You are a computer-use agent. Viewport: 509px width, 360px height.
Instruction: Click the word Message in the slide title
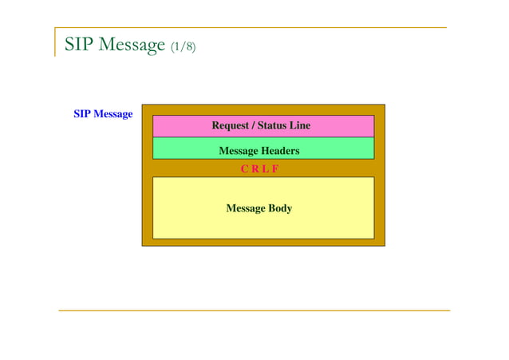128,44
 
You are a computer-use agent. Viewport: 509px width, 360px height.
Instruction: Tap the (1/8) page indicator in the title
183,46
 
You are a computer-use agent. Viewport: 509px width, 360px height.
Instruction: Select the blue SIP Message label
103,114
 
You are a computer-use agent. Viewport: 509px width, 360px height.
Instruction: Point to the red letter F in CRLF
274,169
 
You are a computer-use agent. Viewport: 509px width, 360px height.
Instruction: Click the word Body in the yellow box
280,208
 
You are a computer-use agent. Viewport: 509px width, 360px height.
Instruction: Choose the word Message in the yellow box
246,208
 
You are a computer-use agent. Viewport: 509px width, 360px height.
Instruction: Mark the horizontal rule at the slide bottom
254,310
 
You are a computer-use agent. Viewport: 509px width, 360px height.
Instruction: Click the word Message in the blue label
113,114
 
